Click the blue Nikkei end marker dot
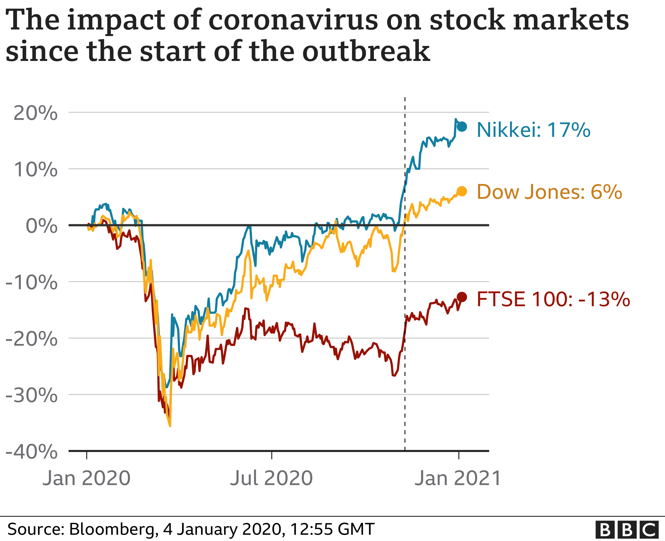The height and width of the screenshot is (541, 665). tap(462, 127)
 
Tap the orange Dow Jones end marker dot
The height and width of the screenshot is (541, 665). tap(462, 191)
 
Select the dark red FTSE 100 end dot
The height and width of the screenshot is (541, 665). tap(462, 297)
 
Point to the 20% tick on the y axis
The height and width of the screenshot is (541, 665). tap(35, 113)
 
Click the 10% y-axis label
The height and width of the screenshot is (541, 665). tap(35, 170)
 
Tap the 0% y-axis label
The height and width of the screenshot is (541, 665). tap(41, 226)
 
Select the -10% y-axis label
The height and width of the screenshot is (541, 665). tap(32, 283)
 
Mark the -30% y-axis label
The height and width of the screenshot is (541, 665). tap(32, 396)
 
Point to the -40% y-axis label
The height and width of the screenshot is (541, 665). tap(32, 452)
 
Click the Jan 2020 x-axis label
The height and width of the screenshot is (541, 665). tap(87, 478)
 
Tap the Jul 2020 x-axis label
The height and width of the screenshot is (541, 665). tap(271, 478)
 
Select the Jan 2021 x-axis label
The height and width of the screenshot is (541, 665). tap(458, 478)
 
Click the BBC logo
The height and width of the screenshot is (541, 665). tap(627, 530)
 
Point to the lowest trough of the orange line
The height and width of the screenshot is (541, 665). tap(170, 426)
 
